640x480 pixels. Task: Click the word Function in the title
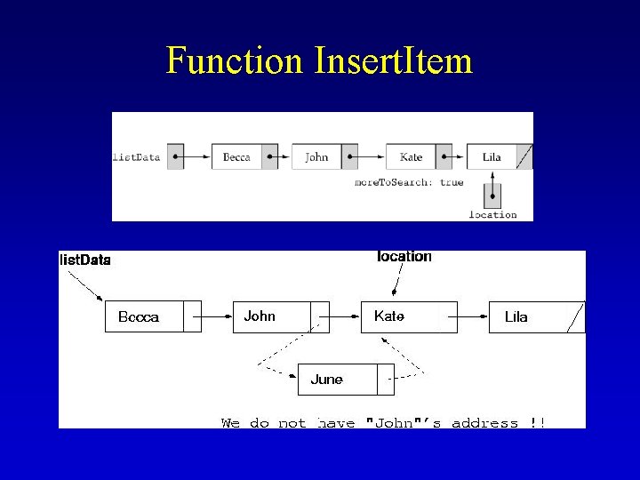[235, 60]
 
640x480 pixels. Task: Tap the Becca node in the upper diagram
[236, 157]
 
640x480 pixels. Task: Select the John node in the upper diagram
[316, 157]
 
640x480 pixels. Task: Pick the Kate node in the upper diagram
[411, 157]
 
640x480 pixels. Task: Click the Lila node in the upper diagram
[492, 157]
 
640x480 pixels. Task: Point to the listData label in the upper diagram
[136, 157]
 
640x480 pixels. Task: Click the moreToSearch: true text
[409, 182]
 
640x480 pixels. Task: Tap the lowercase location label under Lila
[492, 214]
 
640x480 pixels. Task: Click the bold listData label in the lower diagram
[85, 260]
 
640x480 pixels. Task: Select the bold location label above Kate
[404, 257]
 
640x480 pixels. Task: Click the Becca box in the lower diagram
[144, 317]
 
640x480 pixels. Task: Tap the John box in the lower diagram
[271, 316]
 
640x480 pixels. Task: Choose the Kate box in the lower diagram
[400, 316]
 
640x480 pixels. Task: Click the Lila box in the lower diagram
[528, 317]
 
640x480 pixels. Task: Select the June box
[338, 380]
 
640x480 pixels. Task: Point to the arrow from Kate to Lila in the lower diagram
[473, 316]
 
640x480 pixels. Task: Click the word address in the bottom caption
[484, 423]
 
